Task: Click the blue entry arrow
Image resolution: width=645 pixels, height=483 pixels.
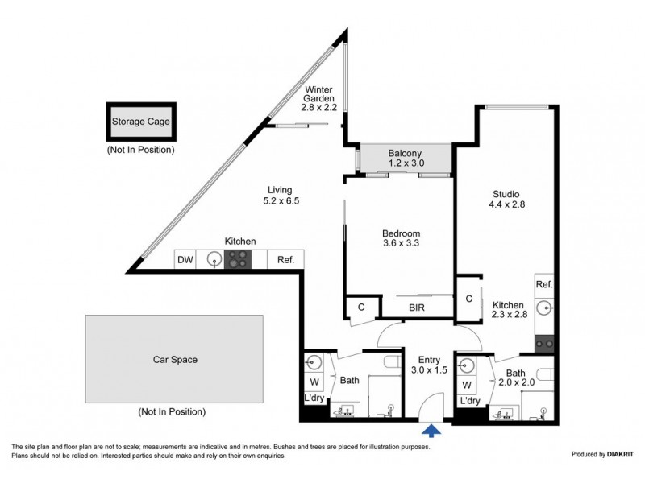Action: point(431,431)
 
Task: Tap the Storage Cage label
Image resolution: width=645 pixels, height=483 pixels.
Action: point(141,122)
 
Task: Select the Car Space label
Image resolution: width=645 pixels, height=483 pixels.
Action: point(175,360)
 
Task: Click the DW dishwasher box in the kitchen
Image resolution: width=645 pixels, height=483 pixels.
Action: point(185,259)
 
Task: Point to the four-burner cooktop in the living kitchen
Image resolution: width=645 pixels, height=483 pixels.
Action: point(238,259)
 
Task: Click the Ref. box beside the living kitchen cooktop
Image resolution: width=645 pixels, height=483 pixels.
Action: point(286,259)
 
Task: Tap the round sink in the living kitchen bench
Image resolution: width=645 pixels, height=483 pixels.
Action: point(214,259)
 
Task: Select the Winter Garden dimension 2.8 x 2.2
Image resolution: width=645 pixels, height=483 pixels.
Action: point(319,108)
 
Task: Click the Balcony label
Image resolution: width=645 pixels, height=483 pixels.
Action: point(405,153)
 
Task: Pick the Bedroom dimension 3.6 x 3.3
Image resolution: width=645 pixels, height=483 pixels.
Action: point(401,243)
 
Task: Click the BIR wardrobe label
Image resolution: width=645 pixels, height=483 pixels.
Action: point(417,308)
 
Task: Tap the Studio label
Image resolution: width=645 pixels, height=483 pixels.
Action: point(506,194)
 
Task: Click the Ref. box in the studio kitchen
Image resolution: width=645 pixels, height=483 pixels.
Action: point(544,284)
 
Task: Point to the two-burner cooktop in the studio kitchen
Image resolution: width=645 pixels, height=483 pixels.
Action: point(544,344)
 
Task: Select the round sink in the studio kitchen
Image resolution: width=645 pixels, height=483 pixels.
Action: point(545,308)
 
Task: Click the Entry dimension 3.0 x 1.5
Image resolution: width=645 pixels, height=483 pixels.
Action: point(429,370)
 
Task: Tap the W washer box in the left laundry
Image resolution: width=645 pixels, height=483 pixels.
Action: point(314,382)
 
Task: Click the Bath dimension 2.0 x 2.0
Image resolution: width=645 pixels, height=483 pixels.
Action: point(517,382)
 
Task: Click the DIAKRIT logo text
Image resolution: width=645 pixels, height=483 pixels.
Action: point(620,454)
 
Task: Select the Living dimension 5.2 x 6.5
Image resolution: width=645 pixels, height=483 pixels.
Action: point(281,200)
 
